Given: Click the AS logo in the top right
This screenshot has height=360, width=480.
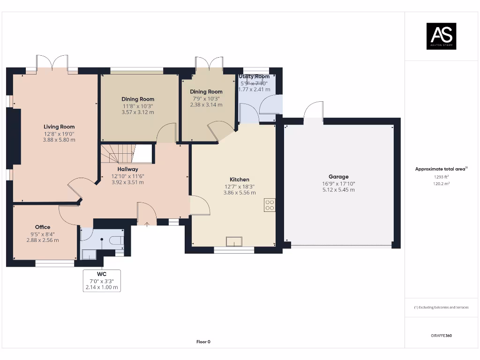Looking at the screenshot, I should coord(441,36).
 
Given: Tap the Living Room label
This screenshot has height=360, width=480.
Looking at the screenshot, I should coord(59,127).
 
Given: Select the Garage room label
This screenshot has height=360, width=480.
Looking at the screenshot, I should coord(338,177).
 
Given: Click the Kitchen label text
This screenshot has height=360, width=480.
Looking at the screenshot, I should coord(239,180).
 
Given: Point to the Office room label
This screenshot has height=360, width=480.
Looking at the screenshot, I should coord(43,227).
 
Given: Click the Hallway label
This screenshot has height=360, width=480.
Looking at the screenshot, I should coord(127,169).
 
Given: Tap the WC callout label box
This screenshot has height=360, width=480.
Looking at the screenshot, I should coord(102,281).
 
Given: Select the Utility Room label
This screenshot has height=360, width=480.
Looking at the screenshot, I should coord(255,76).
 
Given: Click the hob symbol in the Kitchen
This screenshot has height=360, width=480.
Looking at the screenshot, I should coord(270,205).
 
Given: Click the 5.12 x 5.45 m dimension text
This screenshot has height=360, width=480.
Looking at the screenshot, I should coord(338,190).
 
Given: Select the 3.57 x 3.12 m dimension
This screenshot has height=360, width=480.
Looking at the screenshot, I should coord(138,112).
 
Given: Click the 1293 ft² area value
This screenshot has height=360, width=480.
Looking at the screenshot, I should coord(441,177).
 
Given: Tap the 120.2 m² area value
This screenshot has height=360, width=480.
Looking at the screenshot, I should coord(441,184).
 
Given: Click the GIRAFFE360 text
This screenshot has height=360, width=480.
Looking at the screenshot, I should coord(441,336).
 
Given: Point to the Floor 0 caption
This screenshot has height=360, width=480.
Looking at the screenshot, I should coord(203,342).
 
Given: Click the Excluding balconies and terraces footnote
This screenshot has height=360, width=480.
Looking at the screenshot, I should coord(441,307).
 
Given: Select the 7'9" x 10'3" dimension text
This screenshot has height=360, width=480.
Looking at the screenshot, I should coord(206,98).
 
